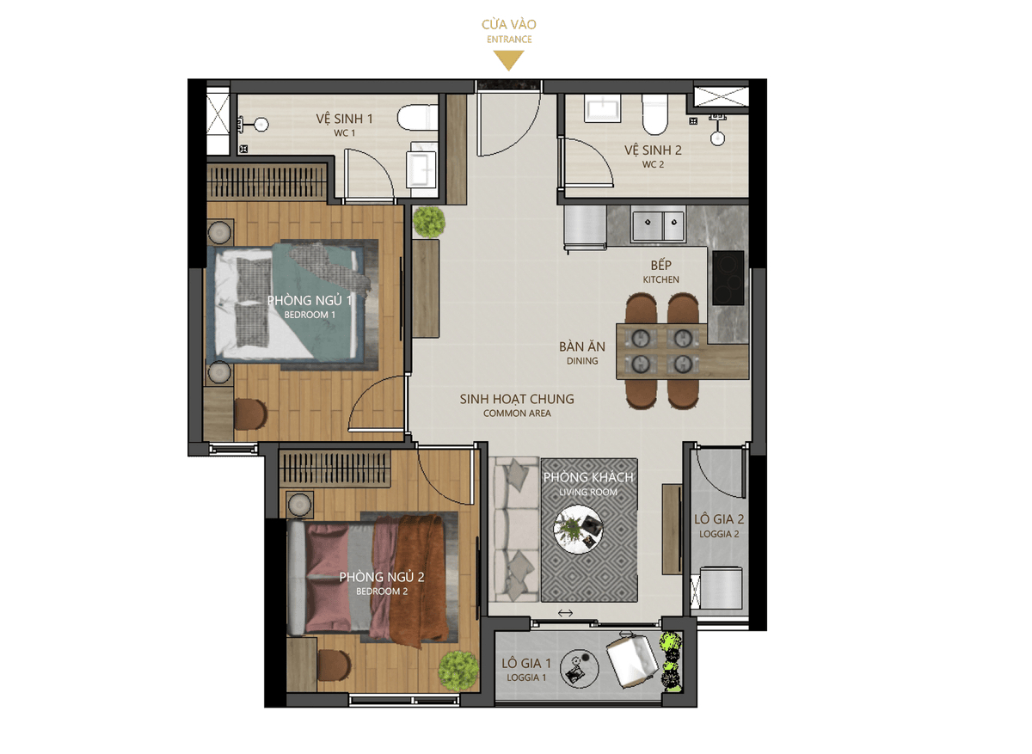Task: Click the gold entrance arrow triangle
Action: pos(508,60)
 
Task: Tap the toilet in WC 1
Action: pos(417,118)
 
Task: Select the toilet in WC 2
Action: pos(654,115)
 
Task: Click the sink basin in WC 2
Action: pos(602,109)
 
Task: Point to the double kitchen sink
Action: pos(657,225)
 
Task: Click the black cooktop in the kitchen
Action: pos(728,278)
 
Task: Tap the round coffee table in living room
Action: pos(578,529)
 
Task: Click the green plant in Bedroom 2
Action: pos(458,671)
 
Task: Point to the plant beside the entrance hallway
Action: pos(429,222)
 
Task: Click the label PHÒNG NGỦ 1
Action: pos(310,301)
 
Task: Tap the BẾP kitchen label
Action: pos(661,266)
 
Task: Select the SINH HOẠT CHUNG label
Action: pos(517,399)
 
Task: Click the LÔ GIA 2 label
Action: pos(719,519)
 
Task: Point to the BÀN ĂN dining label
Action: pos(582,346)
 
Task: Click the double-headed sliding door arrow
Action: pos(565,613)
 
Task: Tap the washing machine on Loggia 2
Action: pos(721,588)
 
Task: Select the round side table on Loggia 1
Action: pos(580,669)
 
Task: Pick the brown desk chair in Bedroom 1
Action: pos(250,414)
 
